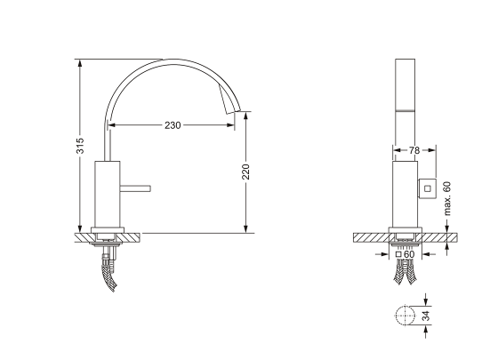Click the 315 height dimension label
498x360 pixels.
pyautogui.click(x=80, y=146)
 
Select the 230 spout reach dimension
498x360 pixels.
pyautogui.click(x=173, y=125)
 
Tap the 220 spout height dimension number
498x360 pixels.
pyautogui.click(x=245, y=172)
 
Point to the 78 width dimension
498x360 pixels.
pyautogui.click(x=414, y=150)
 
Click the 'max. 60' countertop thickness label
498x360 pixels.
pyautogui.click(x=447, y=198)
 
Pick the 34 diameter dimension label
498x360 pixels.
pyautogui.click(x=427, y=316)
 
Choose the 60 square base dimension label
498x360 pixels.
pyautogui.click(x=409, y=254)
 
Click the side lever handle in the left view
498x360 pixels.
pyautogui.click(x=135, y=188)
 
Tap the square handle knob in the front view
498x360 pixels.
pyautogui.click(x=427, y=188)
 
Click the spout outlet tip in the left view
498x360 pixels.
pyautogui.click(x=233, y=112)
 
